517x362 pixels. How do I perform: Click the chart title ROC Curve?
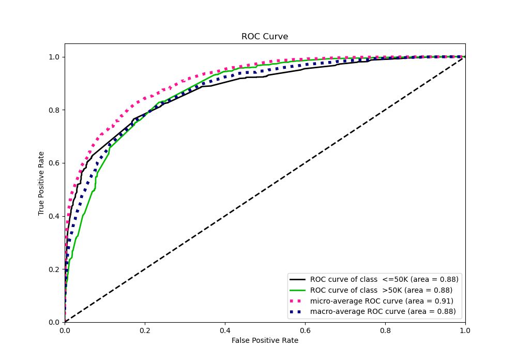point(265,37)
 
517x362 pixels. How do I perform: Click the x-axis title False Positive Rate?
point(265,340)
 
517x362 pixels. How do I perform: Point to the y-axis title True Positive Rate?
point(41,183)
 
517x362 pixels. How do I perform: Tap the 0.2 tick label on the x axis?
point(145,329)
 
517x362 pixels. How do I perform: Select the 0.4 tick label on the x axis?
point(225,329)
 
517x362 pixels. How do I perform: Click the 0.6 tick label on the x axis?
point(305,329)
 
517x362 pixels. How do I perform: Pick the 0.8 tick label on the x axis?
point(385,329)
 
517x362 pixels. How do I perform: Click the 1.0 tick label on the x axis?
point(465,329)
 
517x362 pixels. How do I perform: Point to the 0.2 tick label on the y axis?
point(54,269)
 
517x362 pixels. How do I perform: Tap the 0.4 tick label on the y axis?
point(54,216)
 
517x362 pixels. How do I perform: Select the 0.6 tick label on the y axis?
point(54,163)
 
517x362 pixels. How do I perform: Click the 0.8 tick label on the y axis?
point(54,110)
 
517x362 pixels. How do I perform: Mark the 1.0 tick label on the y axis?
point(54,57)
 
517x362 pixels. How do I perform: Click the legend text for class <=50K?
point(384,279)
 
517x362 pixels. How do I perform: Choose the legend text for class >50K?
point(381,290)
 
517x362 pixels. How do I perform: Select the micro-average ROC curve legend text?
point(382,301)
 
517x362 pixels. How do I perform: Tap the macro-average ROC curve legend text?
point(383,312)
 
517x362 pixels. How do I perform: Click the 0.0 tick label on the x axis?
point(65,329)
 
